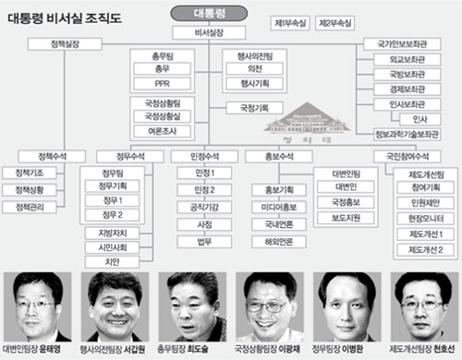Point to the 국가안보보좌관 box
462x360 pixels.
[x=399, y=42]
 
